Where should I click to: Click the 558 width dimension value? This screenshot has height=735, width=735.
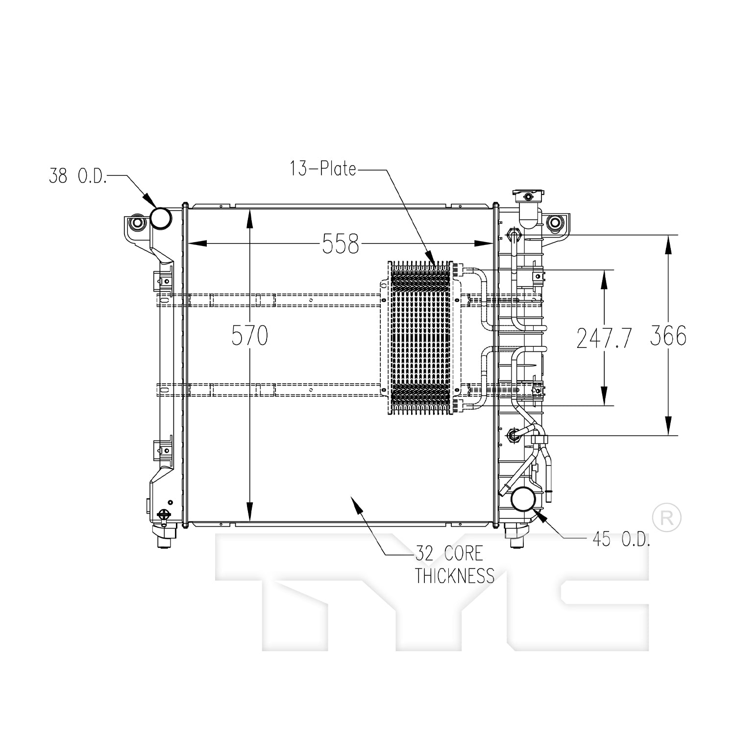(x=341, y=244)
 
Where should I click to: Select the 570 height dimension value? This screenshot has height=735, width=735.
(x=250, y=336)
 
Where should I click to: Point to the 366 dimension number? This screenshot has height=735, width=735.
(x=668, y=336)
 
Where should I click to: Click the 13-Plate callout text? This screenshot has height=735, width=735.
(x=323, y=169)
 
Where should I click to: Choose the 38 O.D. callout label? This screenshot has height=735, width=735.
(x=77, y=175)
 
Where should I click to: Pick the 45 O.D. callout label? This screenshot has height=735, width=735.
(x=622, y=539)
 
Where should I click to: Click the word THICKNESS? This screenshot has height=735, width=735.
(x=455, y=576)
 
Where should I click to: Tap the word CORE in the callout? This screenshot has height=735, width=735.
(x=463, y=554)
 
